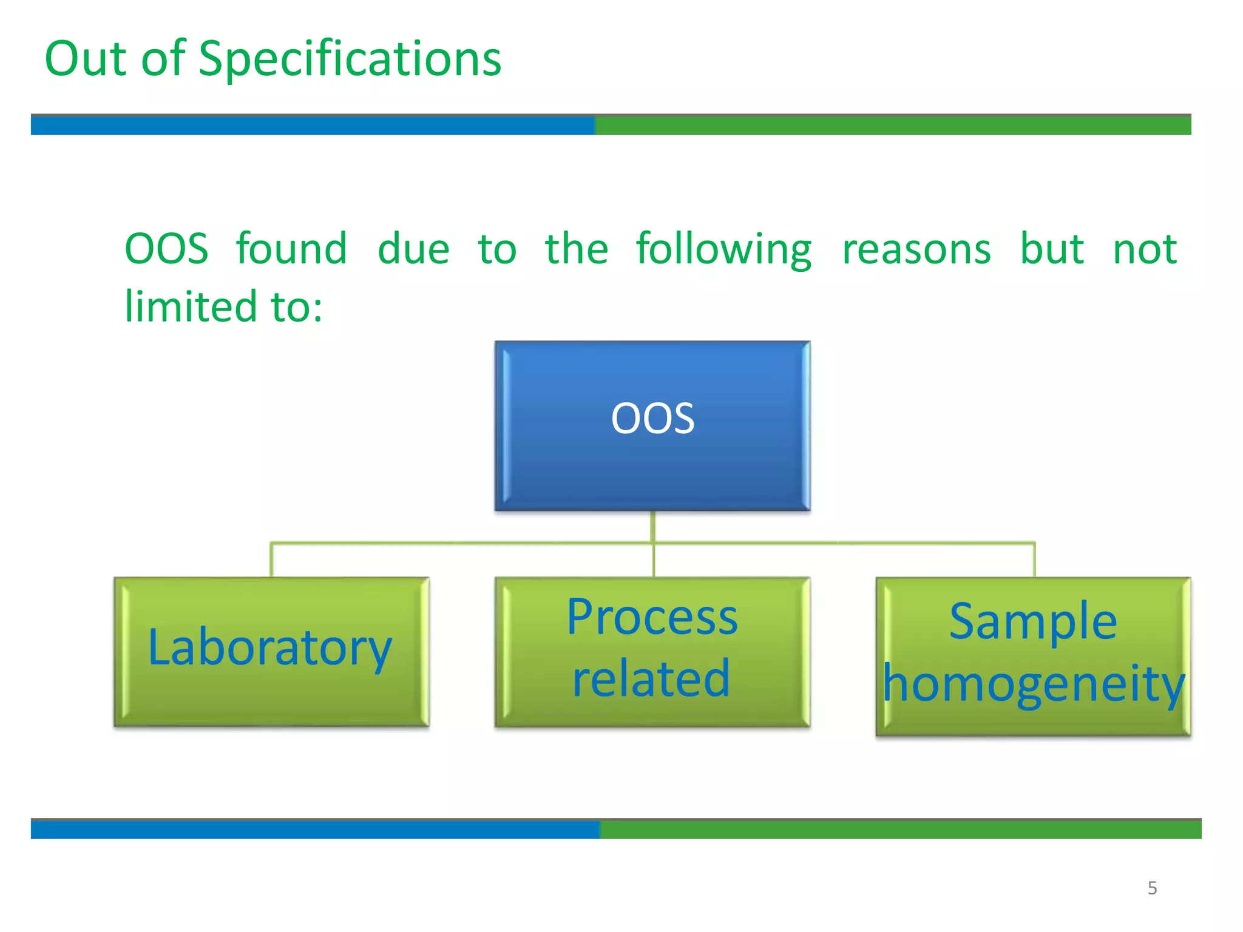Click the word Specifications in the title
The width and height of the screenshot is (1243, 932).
point(350,59)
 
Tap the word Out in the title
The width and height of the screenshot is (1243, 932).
point(86,59)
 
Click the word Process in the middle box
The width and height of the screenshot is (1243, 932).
point(652,618)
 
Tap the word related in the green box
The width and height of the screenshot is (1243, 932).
point(651,678)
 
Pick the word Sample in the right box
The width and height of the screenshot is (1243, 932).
point(1033,621)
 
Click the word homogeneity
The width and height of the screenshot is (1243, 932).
point(1033,684)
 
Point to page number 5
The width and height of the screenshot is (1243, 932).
point(1152,888)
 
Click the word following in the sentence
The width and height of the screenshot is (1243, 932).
point(723,249)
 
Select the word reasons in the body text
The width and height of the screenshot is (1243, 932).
point(916,249)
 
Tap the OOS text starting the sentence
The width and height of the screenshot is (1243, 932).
point(166,249)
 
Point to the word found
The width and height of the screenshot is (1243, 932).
point(291,249)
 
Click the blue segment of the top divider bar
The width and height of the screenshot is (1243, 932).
point(313,125)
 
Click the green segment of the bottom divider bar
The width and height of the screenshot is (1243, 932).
point(898,829)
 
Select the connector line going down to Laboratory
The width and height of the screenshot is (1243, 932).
point(271,559)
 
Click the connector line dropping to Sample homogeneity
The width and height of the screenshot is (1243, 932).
point(1034,559)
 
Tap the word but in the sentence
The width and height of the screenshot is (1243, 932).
point(1051,249)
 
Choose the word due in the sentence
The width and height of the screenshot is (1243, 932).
point(413,249)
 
